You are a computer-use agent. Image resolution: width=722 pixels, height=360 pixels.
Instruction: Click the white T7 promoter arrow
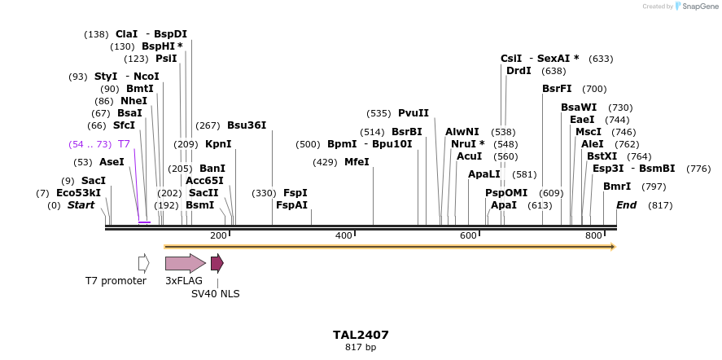143,263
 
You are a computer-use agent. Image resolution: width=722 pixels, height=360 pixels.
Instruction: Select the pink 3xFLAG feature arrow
185,263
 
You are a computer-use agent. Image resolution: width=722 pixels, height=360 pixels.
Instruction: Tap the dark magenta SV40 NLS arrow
217,263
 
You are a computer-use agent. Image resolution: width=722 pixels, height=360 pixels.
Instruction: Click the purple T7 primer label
124,144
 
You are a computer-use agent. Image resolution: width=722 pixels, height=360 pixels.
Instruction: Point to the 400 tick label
344,235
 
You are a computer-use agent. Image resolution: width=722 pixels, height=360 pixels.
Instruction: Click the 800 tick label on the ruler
593,235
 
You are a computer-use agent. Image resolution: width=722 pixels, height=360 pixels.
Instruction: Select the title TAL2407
361,335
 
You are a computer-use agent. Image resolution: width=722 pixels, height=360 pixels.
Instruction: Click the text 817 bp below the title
361,348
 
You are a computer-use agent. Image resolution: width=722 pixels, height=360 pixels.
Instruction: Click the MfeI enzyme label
357,162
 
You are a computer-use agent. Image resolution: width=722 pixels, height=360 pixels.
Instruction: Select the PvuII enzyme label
413,113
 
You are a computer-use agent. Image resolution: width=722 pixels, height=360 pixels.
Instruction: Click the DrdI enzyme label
519,71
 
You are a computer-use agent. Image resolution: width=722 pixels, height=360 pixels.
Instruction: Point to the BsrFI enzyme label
557,89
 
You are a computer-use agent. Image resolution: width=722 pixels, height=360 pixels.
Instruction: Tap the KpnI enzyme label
218,144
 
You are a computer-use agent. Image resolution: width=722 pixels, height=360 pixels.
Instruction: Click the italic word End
626,205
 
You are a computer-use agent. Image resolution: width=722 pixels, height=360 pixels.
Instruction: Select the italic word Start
81,205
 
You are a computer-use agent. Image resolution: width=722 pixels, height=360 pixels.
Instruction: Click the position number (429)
325,162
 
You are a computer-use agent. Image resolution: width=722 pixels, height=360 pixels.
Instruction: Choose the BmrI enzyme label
617,187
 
